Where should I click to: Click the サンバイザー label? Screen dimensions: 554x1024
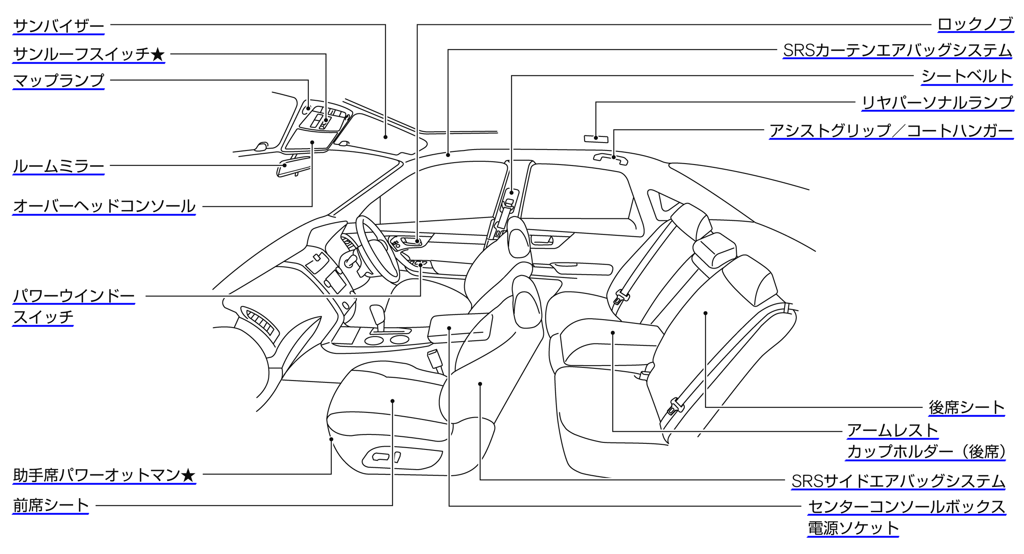59,26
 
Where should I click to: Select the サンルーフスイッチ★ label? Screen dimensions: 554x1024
89,54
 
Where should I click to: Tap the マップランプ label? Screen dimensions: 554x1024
59,80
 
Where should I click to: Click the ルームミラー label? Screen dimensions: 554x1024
59,166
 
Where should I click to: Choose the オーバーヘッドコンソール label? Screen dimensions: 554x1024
104,206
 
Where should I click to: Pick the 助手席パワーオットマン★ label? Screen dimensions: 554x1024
104,475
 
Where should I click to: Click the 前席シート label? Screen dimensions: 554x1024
51,505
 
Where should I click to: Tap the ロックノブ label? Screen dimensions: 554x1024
975,24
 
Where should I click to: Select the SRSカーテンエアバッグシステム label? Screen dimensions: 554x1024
898,50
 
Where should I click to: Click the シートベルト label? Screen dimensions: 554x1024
967,76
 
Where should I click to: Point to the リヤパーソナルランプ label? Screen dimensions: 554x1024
937,103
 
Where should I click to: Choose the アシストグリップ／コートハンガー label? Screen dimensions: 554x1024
891,131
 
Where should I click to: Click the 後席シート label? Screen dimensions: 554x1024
967,407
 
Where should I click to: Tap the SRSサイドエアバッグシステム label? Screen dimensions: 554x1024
898,481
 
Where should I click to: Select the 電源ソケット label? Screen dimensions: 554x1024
853,528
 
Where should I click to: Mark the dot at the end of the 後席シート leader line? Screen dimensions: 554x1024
705,313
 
